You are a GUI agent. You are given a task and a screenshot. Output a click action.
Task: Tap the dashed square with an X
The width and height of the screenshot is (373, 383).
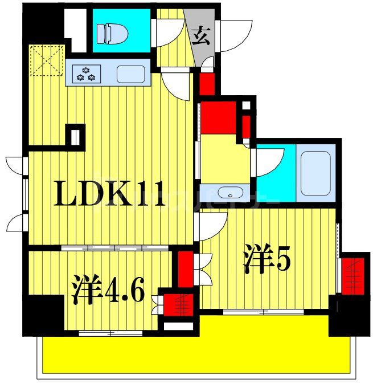pos(46,60)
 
